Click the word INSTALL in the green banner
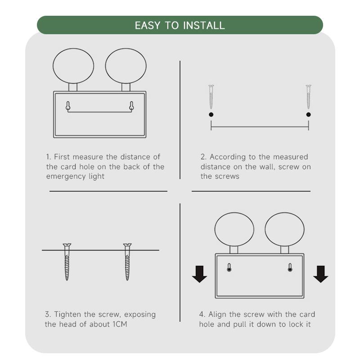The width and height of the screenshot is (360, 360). [204, 25]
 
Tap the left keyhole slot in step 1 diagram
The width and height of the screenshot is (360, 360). [68, 106]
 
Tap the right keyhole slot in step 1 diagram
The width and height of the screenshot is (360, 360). [131, 106]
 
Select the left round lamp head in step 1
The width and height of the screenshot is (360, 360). [73, 66]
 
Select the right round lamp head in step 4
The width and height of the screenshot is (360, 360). [285, 229]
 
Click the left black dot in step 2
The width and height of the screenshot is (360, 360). [211, 115]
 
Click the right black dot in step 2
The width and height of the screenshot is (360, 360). [309, 115]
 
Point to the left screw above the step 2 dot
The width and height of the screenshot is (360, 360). [211, 97]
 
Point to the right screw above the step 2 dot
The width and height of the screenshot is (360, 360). [309, 97]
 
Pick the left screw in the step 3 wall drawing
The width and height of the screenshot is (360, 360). [67, 262]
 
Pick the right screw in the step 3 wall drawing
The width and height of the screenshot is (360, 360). [127, 262]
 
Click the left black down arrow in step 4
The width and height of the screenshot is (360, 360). [199, 274]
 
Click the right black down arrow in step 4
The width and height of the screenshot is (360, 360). [321, 274]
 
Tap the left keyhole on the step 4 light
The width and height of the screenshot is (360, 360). [229, 268]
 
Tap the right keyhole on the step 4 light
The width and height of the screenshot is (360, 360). [290, 268]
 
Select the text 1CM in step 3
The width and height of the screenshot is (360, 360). [120, 324]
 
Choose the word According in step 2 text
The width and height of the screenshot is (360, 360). [224, 157]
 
